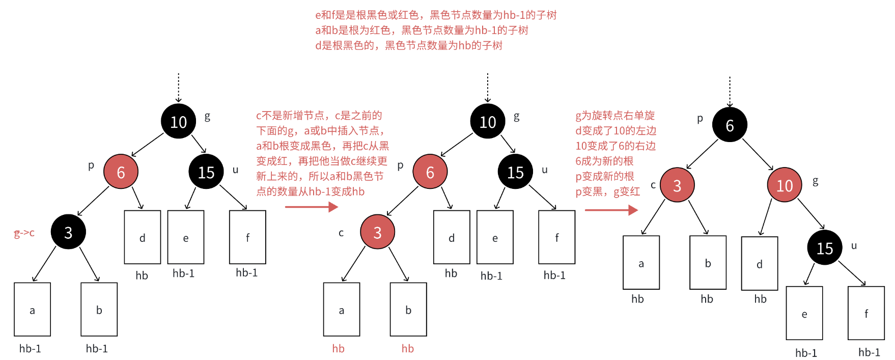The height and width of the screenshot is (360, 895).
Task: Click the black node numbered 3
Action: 68,232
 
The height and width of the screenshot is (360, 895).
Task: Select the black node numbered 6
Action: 730,125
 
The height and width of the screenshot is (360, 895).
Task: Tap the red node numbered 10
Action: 784,185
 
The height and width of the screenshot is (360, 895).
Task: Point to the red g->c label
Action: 24,233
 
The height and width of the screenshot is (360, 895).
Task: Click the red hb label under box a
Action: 339,349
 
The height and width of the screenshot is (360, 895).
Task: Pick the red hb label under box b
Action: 407,349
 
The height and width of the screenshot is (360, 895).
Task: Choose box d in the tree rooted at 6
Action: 759,264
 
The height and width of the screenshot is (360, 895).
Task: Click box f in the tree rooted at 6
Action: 866,313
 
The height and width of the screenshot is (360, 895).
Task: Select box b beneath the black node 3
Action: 99,310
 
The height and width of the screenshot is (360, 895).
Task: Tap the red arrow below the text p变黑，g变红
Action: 611,210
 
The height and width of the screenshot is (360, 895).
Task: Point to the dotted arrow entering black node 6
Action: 730,92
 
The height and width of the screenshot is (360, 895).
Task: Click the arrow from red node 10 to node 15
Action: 810,214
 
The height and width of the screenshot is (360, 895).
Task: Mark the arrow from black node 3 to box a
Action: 44,264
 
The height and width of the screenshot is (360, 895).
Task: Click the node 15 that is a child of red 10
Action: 824,248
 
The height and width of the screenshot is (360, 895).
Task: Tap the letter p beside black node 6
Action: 700,118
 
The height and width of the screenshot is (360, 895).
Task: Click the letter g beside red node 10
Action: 815,181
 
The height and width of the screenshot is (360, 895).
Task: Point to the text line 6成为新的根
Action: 604,161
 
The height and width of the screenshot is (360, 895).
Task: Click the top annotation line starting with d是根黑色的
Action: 408,46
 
